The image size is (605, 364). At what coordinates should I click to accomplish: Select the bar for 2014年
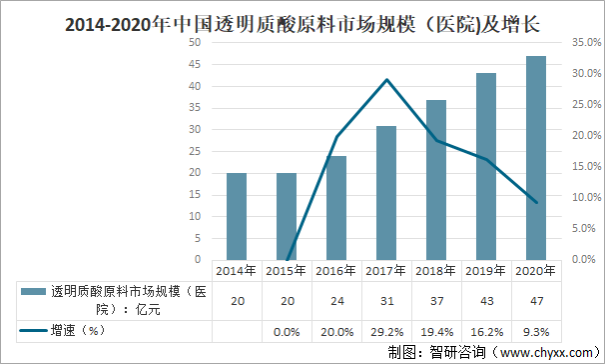click(237, 216)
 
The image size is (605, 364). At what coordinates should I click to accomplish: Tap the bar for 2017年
click(386, 192)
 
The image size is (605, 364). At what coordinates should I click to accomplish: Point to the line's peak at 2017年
click(386, 80)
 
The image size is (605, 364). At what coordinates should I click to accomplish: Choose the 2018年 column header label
click(436, 269)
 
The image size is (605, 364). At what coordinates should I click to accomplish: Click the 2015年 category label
click(287, 269)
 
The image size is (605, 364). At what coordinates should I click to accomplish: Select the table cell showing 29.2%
click(386, 329)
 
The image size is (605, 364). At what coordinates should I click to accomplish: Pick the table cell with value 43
click(486, 299)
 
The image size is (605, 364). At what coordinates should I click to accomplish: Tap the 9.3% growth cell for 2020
click(536, 329)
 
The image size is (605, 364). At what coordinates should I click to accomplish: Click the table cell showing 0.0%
click(287, 329)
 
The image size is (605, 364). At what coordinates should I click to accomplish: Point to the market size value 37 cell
click(436, 299)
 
